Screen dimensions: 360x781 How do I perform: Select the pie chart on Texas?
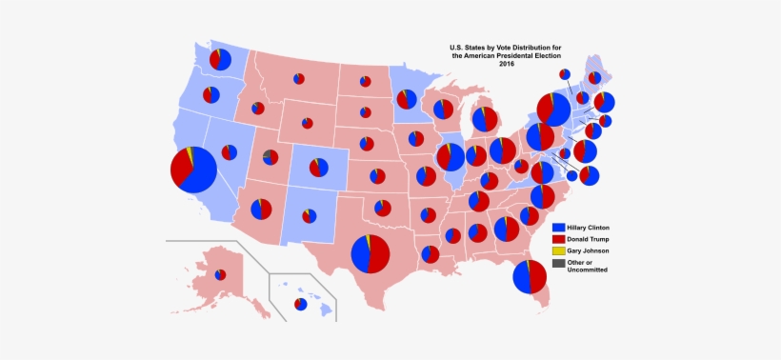pyautogui.click(x=370, y=254)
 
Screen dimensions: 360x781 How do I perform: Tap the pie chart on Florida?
pyautogui.click(x=529, y=277)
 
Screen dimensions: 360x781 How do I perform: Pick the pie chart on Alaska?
pyautogui.click(x=220, y=274)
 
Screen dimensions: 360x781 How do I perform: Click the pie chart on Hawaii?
pyautogui.click(x=300, y=304)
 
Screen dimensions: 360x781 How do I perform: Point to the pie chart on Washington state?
pyautogui.click(x=220, y=59)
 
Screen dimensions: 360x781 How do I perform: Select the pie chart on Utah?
pyautogui.click(x=270, y=157)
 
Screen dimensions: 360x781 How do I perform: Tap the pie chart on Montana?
pyautogui.click(x=299, y=78)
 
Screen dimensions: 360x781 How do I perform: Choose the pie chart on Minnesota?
pyautogui.click(x=407, y=99)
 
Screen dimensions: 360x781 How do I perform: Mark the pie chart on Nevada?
pyautogui.click(x=229, y=151)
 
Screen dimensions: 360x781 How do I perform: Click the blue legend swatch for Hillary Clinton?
pyautogui.click(x=559, y=229)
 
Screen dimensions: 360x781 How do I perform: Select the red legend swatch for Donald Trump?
pyautogui.click(x=559, y=239)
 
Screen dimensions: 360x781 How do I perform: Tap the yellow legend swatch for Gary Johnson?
pyautogui.click(x=559, y=250)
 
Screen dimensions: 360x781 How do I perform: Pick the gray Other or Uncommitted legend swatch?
pyautogui.click(x=559, y=264)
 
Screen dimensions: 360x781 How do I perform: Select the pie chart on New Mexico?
pyautogui.click(x=310, y=216)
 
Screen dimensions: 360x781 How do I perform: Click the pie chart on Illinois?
pyautogui.click(x=450, y=156)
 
